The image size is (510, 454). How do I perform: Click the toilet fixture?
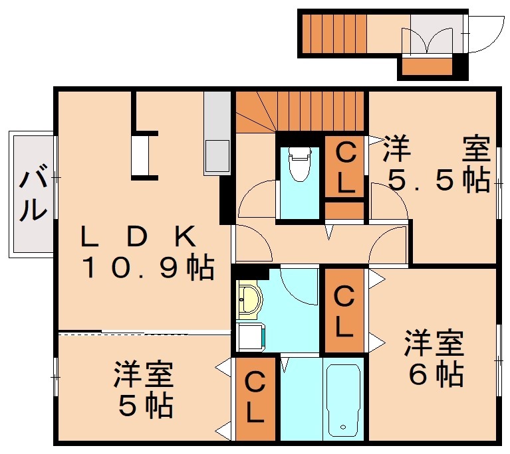[x=300, y=163]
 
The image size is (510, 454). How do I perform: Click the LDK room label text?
[x=138, y=236]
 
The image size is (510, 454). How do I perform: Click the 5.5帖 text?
[x=439, y=181]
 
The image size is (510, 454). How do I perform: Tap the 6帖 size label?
[x=436, y=376]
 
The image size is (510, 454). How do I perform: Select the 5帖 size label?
[x=146, y=406]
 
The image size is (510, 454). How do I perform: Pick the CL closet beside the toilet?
[x=344, y=167]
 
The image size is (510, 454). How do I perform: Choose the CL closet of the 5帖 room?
[x=255, y=398]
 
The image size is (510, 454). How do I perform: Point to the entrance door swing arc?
[x=479, y=37]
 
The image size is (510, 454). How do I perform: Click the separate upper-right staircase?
[x=336, y=33]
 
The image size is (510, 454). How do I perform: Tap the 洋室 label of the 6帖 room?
[x=436, y=344]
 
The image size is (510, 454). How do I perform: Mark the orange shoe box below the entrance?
[x=428, y=66]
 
